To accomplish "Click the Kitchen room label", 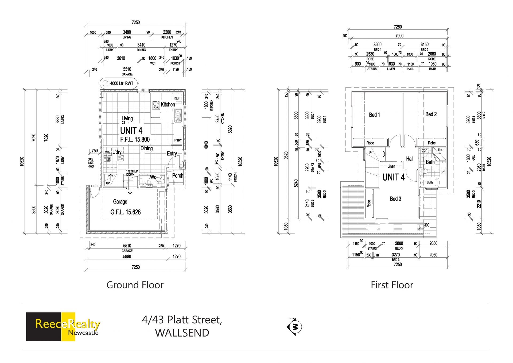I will [x=168, y=105].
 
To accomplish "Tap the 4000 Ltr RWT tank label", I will [x=122, y=83].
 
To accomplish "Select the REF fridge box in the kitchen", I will [x=177, y=98].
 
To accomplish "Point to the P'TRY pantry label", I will [x=178, y=140].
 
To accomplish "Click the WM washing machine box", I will [x=108, y=152].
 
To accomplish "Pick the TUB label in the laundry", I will [x=107, y=159].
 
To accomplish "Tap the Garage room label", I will [x=120, y=202].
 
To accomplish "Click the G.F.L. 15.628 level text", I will [x=125, y=212].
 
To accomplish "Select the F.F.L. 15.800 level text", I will [x=135, y=139].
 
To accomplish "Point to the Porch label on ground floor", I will [x=178, y=176].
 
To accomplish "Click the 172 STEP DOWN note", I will [x=132, y=173].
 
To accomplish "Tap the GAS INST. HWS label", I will [x=91, y=163].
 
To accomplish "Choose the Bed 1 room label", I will [x=374, y=115].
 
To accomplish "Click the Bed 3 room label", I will [x=395, y=199].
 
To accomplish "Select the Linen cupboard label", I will [x=391, y=166].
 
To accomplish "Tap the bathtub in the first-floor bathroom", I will [x=429, y=183].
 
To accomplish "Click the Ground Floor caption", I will [x=135, y=285].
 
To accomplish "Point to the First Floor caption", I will [x=392, y=285].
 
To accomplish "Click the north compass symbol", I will [x=294, y=327].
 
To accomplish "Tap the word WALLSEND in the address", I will [x=182, y=333].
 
